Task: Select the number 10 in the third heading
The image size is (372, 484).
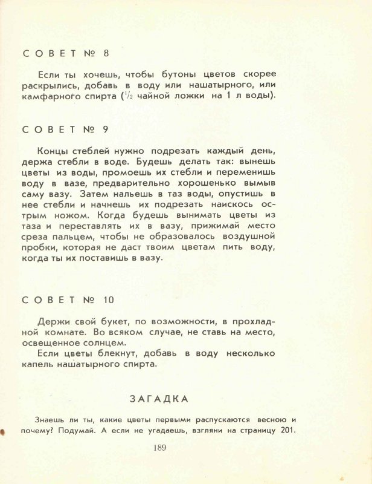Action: coord(108,299)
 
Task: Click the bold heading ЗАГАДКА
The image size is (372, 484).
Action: coord(159,399)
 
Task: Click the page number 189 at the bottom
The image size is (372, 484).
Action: coord(159,448)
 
